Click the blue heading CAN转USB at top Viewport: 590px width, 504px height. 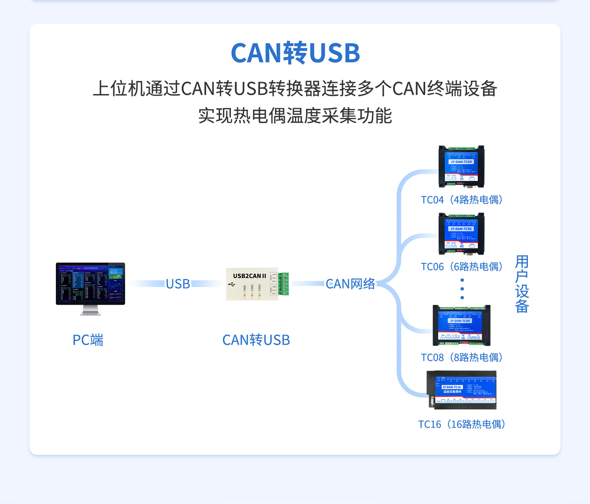tap(295, 53)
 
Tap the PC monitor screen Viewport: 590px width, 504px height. tap(90, 283)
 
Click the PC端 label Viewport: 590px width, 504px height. tap(88, 340)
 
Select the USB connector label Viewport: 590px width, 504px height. tap(178, 284)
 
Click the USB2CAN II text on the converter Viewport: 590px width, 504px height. tap(249, 276)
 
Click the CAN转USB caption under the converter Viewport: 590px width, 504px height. tap(256, 340)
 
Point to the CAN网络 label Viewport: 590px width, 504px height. tap(350, 284)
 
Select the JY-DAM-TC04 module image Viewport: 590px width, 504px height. tap(461, 167)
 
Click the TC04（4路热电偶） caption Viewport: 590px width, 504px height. tap(462, 200)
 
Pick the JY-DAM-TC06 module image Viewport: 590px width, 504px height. tap(461, 234)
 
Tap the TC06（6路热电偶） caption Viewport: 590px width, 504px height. tap(462, 267)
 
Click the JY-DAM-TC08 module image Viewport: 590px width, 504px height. tap(461, 326)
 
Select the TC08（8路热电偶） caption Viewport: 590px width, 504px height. tap(462, 357)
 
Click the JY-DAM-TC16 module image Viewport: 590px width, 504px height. tap(462, 390)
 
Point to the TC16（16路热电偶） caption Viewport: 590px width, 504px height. tap(462, 424)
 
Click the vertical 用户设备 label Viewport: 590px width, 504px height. tap(522, 284)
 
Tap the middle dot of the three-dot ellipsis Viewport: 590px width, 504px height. tap(462, 289)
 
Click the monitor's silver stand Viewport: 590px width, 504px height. tap(90, 311)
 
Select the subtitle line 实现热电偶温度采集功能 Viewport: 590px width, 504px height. tap(295, 116)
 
